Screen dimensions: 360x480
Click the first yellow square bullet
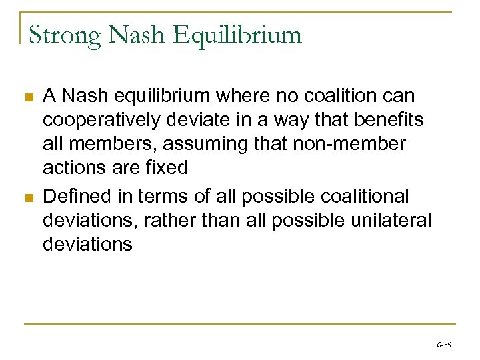click(27, 98)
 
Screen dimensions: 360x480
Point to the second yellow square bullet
click(27, 198)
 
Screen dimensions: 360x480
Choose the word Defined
click(78, 197)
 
